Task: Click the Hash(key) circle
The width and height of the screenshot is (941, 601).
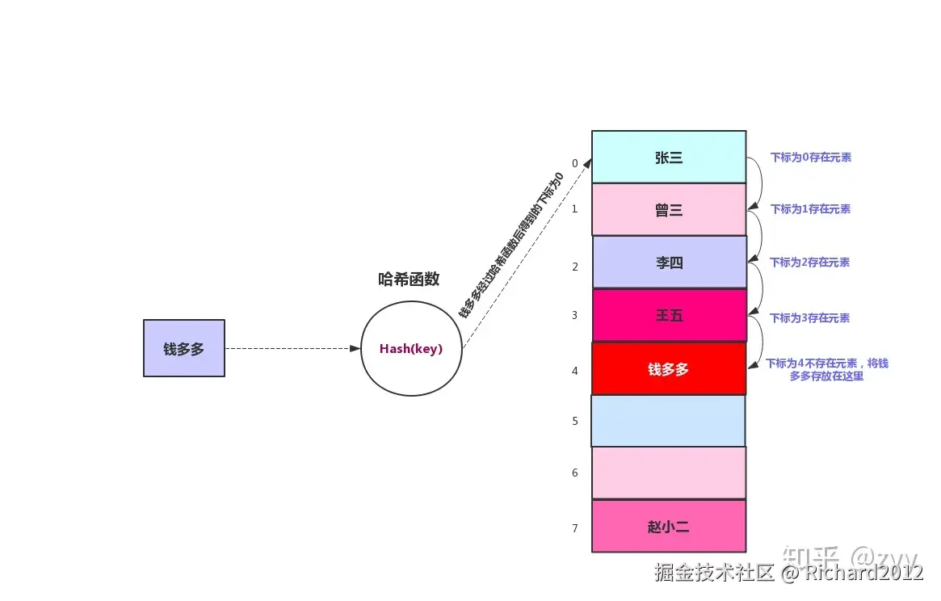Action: pyautogui.click(x=411, y=349)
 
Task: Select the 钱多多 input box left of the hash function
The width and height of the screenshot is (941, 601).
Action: pyautogui.click(x=184, y=348)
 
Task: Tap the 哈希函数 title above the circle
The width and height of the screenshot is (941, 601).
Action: pyautogui.click(x=409, y=279)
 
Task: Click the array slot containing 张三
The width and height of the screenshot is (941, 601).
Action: pyautogui.click(x=669, y=158)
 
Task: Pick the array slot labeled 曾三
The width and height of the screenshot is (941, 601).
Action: pyautogui.click(x=669, y=210)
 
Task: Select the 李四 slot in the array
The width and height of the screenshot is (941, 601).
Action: pyautogui.click(x=669, y=263)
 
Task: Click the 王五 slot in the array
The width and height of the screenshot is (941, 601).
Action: pyautogui.click(x=669, y=316)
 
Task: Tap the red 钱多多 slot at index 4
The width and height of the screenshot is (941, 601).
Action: pyautogui.click(x=669, y=369)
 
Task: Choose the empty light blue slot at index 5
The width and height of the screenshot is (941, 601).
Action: pyautogui.click(x=669, y=421)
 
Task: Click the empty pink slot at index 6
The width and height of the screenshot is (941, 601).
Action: pyautogui.click(x=669, y=473)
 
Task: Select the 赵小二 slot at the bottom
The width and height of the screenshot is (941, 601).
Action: pyautogui.click(x=669, y=527)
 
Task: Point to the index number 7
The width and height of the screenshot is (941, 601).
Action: pyautogui.click(x=575, y=528)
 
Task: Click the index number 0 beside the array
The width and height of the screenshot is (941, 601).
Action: pyautogui.click(x=575, y=163)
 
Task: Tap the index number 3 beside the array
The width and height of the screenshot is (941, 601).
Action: pyautogui.click(x=575, y=315)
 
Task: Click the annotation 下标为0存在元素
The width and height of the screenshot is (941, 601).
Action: pyautogui.click(x=810, y=158)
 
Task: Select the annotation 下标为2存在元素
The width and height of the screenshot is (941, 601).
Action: pyautogui.click(x=809, y=263)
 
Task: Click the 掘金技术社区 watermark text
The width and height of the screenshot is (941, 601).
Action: pyautogui.click(x=715, y=573)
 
